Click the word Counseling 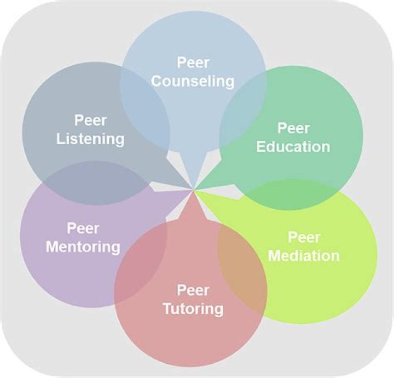pos(193,82)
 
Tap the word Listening pos(90,139)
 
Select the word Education pos(293,147)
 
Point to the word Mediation pos(304,255)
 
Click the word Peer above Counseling pos(193,63)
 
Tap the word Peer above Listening pos(90,120)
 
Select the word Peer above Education pos(293,128)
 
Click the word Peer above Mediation pos(304,237)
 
